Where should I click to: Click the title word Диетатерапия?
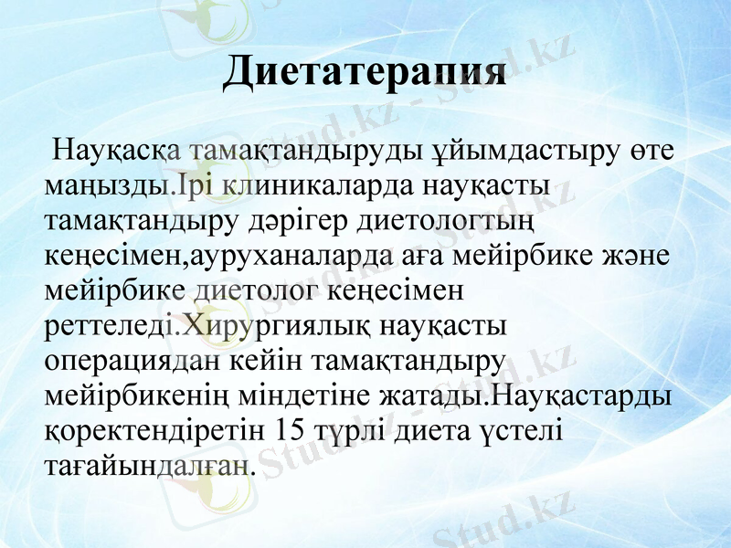click(365, 72)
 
